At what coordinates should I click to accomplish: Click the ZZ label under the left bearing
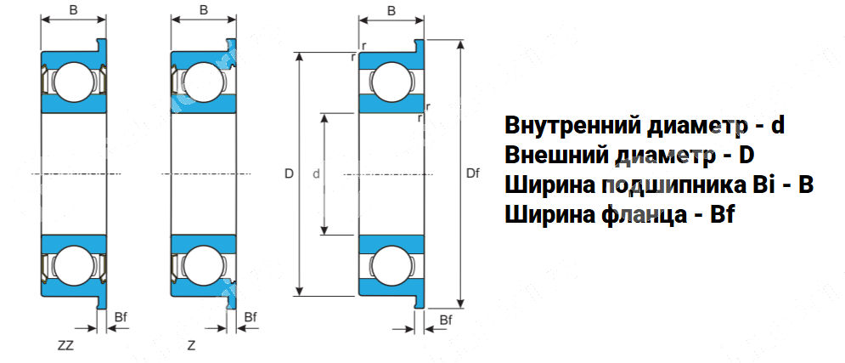click(x=65, y=346)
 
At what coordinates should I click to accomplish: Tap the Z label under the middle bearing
click(x=191, y=346)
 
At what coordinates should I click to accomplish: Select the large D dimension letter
click(x=289, y=174)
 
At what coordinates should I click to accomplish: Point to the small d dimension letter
click(x=316, y=174)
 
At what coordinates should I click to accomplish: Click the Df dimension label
click(x=473, y=174)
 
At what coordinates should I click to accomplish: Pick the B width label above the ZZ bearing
click(x=73, y=10)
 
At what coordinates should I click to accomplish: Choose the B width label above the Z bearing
click(x=203, y=10)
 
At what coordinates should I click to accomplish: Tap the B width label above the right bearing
click(x=391, y=10)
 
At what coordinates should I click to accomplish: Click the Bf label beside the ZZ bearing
click(x=121, y=317)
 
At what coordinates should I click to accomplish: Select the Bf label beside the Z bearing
click(x=250, y=317)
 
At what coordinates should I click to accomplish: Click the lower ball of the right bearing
click(x=391, y=264)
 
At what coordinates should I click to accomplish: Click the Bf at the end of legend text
click(x=722, y=215)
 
